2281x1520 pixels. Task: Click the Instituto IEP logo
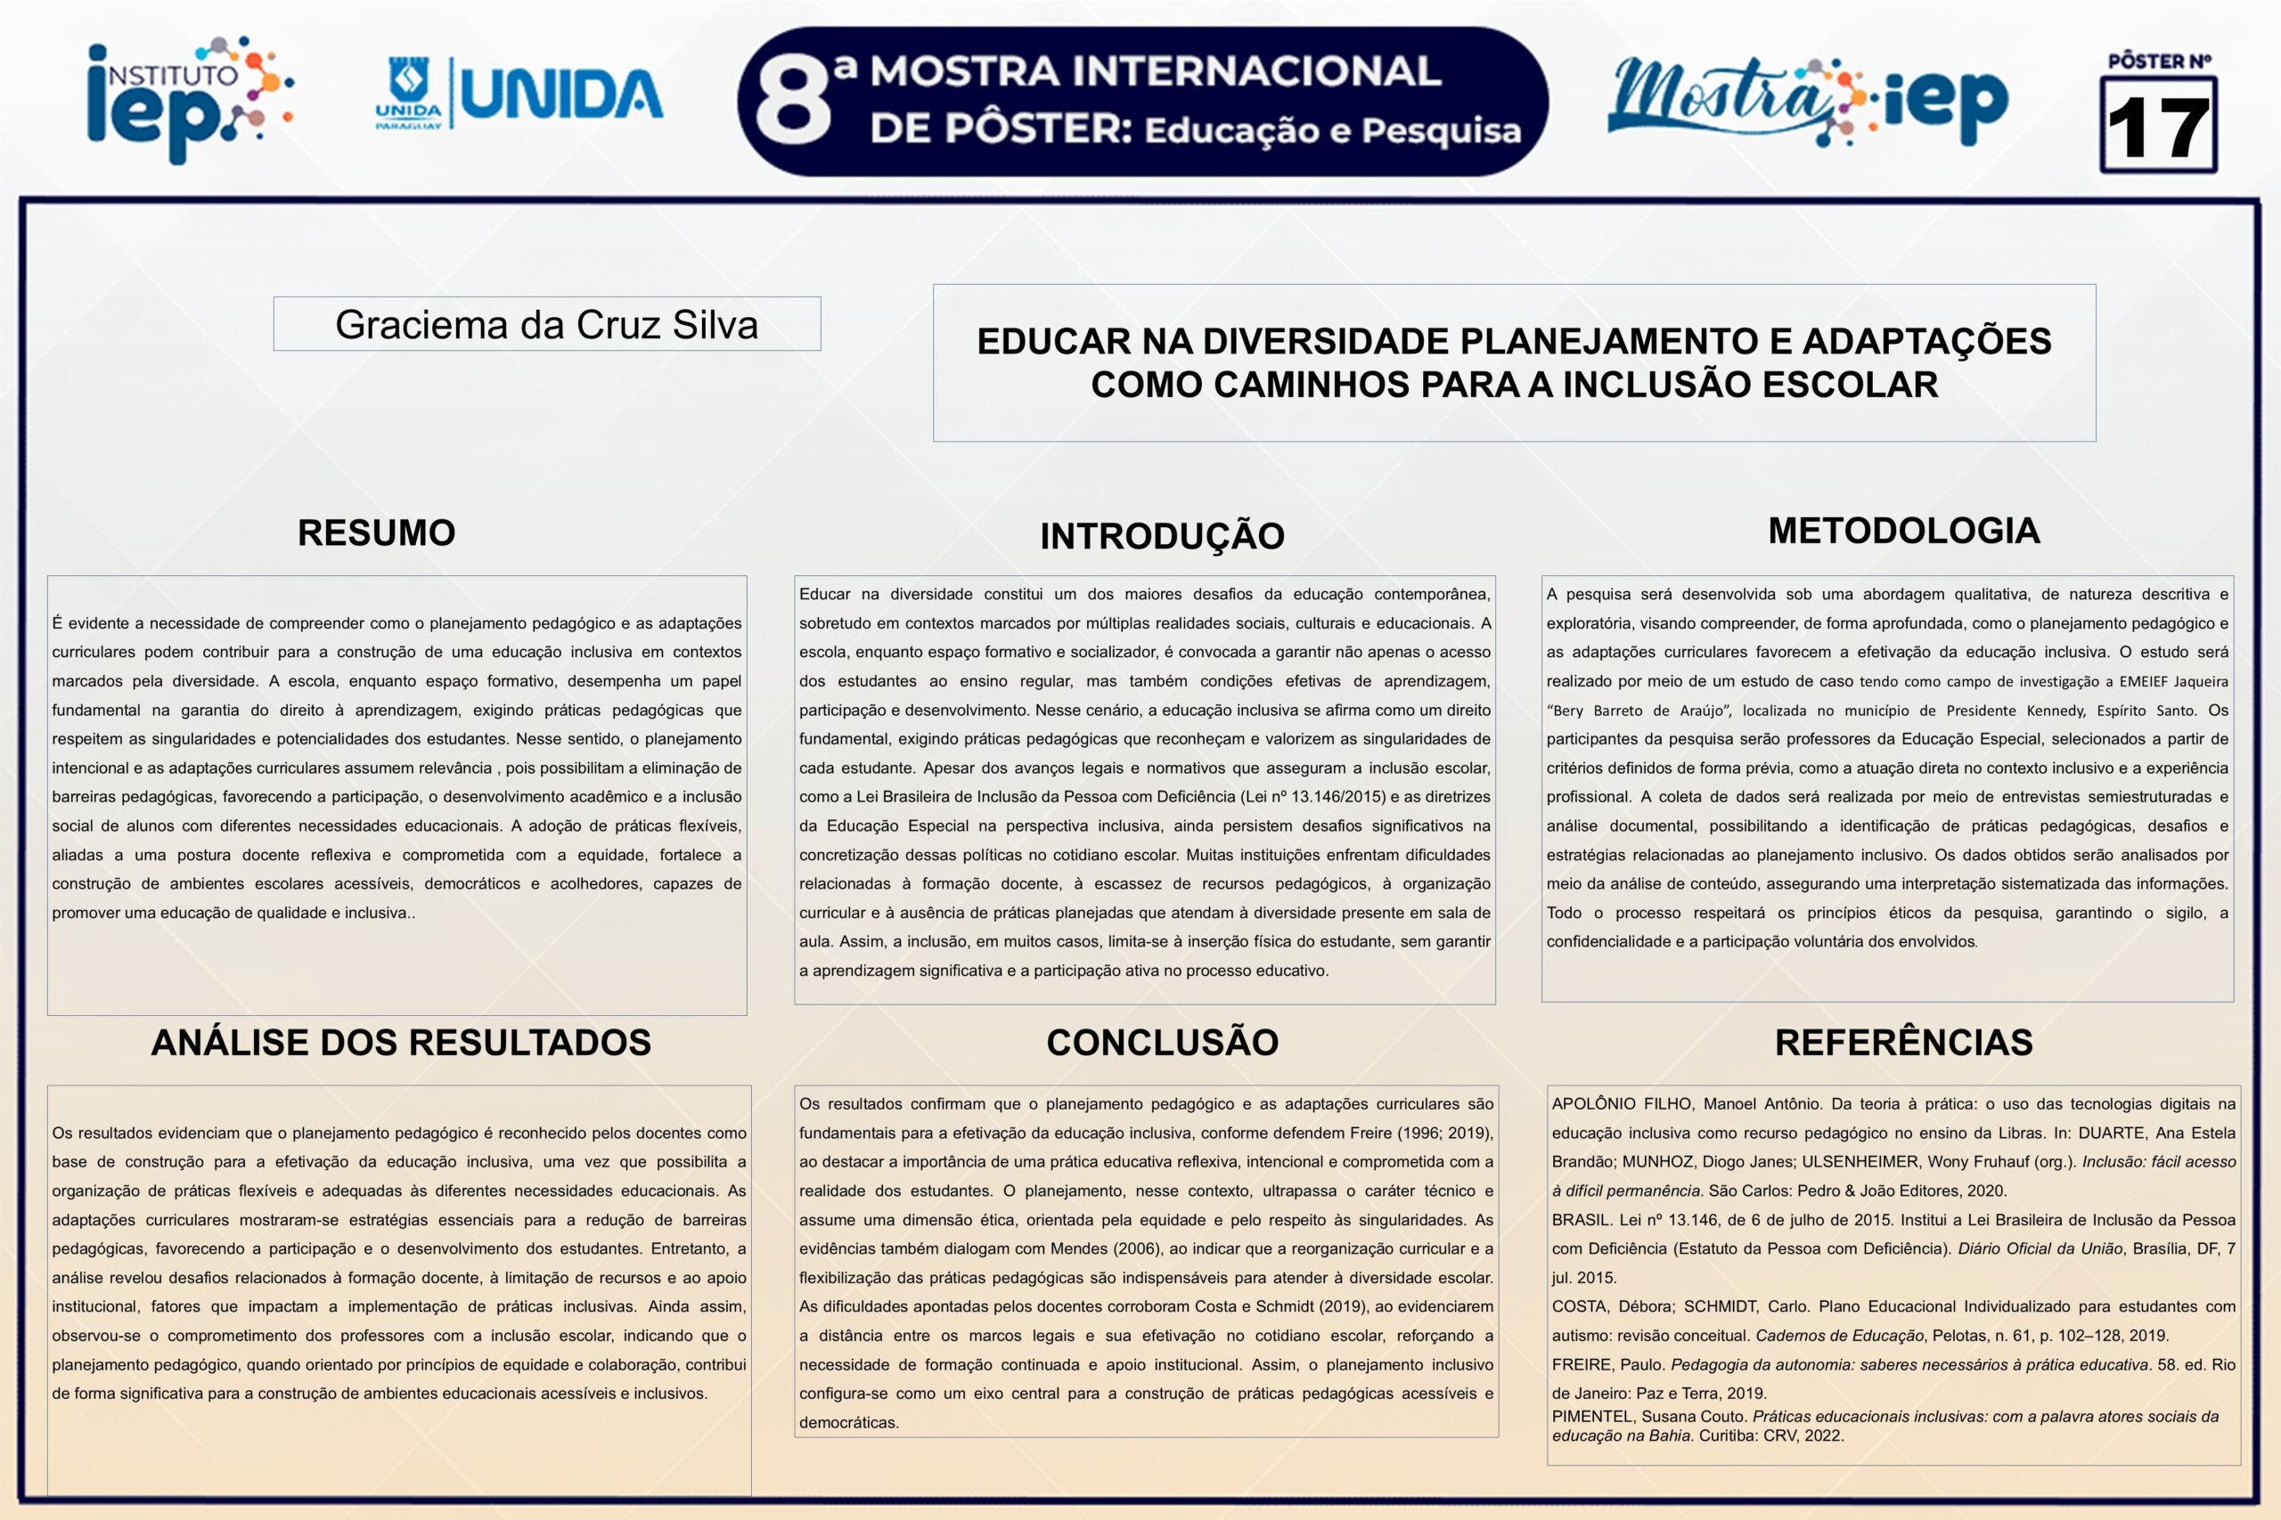189,99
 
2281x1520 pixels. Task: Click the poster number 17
2158,128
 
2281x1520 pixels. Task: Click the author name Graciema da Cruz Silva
546,325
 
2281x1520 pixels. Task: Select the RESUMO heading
376,533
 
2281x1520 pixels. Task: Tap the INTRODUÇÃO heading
1162,536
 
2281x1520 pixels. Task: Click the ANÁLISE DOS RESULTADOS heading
401,1042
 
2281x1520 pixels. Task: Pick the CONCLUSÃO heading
1162,1042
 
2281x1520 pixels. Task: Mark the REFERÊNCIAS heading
1903,1042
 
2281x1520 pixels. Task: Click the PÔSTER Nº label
2159,61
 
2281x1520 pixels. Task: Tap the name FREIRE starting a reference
1581,1365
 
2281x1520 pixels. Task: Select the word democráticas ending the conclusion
848,1422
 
